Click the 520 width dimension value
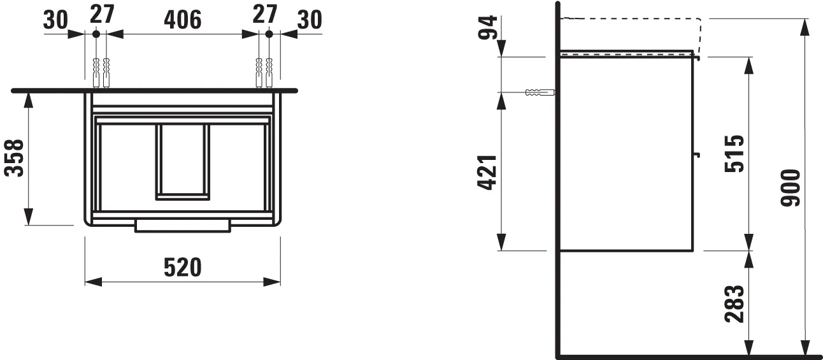183,268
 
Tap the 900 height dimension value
791,188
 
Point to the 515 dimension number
733,154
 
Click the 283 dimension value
733,304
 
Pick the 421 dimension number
487,172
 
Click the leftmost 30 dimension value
55,20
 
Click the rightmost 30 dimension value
310,20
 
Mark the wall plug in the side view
539,93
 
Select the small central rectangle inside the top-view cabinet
183,162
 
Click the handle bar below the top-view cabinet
183,226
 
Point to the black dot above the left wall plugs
96,33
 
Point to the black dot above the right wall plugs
269,33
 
